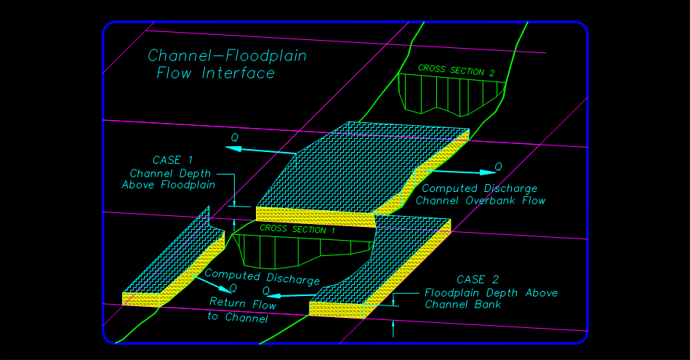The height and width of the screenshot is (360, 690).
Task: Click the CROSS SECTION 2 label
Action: tap(457, 71)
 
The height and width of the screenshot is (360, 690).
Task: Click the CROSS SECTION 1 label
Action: tap(298, 229)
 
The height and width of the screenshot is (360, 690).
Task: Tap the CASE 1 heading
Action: tap(172, 160)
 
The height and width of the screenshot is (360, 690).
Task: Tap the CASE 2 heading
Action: tap(477, 280)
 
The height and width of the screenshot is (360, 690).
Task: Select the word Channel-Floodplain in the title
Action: tap(227, 56)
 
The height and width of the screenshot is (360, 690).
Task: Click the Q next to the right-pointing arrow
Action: tap(498, 167)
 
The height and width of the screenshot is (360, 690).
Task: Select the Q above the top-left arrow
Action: tap(234, 136)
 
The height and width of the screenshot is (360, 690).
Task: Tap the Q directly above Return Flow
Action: tap(233, 289)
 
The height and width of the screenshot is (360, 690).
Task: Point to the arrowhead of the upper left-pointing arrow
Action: tap(229, 147)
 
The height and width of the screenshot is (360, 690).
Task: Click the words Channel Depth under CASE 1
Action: tap(170, 174)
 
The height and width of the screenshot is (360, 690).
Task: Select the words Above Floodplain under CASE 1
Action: tap(168, 185)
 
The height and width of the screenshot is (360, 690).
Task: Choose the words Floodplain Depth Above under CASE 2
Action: tap(492, 293)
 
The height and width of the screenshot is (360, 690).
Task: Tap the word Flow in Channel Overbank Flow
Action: tap(533, 201)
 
